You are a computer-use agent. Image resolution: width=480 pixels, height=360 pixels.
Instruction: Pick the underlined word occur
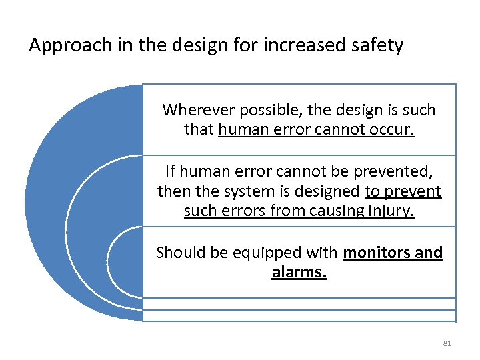click(x=394, y=129)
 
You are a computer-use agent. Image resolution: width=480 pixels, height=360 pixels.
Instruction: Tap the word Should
click(x=178, y=253)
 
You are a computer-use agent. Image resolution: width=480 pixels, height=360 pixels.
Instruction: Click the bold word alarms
click(x=299, y=273)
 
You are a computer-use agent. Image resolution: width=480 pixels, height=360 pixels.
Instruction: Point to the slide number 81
click(x=447, y=343)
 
